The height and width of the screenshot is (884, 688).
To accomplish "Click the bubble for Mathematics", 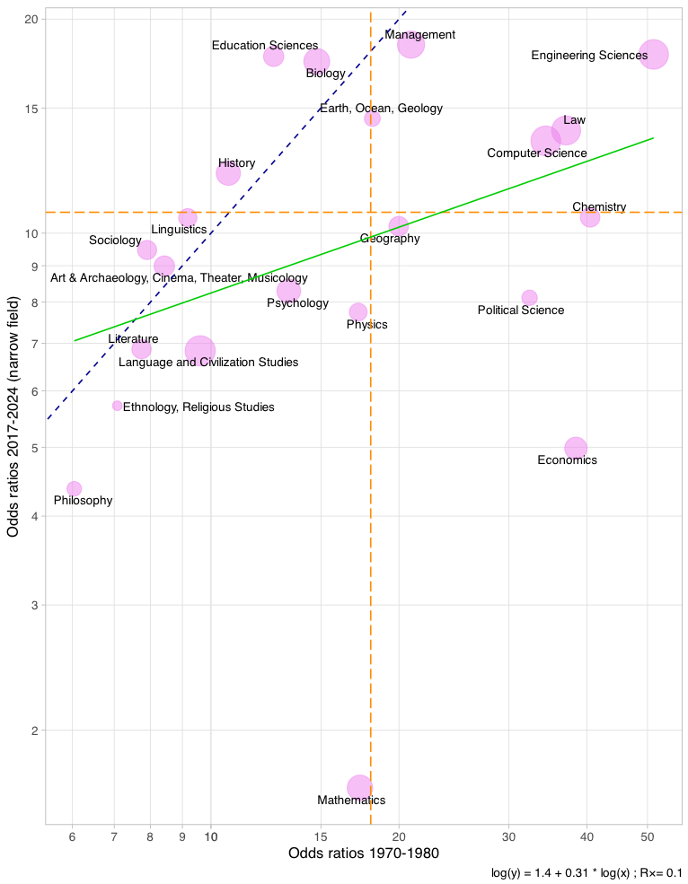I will [x=360, y=788].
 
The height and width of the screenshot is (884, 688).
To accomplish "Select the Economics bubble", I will [x=576, y=448].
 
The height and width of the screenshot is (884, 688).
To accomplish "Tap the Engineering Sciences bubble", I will [x=654, y=54].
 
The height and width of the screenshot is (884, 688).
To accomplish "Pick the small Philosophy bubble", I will [x=75, y=489].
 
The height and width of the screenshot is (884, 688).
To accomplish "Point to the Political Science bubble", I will [x=530, y=298].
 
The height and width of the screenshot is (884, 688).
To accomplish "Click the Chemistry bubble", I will [x=590, y=217].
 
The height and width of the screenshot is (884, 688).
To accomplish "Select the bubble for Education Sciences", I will [x=274, y=57].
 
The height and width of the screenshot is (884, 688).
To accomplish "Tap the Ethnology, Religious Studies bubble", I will [x=118, y=406].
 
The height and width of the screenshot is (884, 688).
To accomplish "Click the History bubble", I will [x=228, y=172].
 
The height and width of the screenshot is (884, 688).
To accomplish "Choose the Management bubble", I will [x=410, y=44].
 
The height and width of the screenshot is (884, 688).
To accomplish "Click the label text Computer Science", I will [x=536, y=153].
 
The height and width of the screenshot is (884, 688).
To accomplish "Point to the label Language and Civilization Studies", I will [x=208, y=363].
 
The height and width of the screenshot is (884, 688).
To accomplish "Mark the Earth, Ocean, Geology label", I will [x=381, y=109].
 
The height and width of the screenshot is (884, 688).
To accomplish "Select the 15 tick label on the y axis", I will [x=30, y=109].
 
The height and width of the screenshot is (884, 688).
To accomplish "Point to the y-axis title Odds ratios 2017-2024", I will [x=13, y=418].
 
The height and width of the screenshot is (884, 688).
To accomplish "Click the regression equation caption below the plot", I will [x=587, y=872].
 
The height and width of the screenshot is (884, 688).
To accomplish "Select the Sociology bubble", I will [x=147, y=250].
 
